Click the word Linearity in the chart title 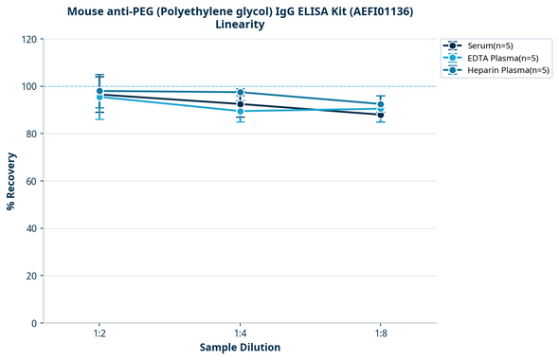(240, 25)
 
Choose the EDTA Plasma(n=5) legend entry (497, 58)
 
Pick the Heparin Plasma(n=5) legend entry (503, 70)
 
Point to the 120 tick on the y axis (28, 40)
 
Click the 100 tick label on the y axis (28, 87)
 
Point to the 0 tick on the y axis (34, 324)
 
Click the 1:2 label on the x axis (99, 334)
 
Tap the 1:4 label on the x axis (240, 334)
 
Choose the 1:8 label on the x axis (380, 334)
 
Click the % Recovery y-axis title (11, 181)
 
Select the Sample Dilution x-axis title (240, 348)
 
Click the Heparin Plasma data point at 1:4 (240, 93)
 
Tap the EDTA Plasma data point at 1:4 (240, 112)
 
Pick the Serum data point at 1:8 (380, 115)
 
